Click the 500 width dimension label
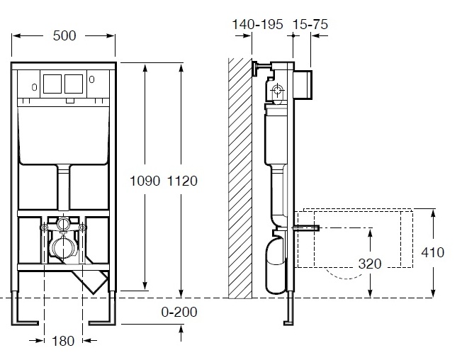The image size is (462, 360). pyautogui.click(x=64, y=35)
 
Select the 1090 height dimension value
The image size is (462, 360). pyautogui.click(x=145, y=181)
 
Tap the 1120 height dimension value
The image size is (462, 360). pyautogui.click(x=182, y=181)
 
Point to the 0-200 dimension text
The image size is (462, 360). pyautogui.click(x=179, y=312)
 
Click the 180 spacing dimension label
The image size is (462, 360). pyautogui.click(x=63, y=341)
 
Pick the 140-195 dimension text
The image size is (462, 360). pyautogui.click(x=257, y=24)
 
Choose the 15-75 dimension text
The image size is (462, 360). pyautogui.click(x=310, y=24)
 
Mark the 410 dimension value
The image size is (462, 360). pyautogui.click(x=432, y=252)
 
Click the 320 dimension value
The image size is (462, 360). pyautogui.click(x=370, y=264)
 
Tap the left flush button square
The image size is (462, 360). pyautogui.click(x=52, y=84)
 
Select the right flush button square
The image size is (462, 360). pyautogui.click(x=74, y=84)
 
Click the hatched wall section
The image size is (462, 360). pyautogui.click(x=240, y=178)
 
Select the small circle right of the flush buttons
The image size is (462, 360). pyautogui.click(x=91, y=79)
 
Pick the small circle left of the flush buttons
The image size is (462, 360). pyautogui.click(x=35, y=87)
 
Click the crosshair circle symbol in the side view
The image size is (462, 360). pyautogui.click(x=277, y=89)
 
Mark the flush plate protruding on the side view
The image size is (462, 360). pyautogui.click(x=303, y=84)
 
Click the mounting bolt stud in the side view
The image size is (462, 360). pyautogui.click(x=306, y=227)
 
